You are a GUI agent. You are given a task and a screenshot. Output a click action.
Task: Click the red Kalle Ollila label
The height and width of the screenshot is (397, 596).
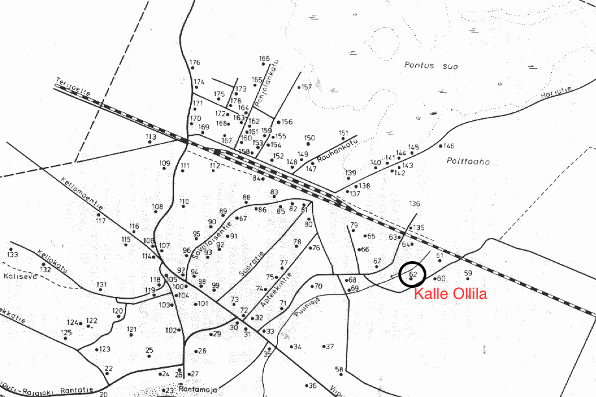point(451,294)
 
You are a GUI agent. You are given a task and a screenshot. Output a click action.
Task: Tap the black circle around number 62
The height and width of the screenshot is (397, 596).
point(412,274)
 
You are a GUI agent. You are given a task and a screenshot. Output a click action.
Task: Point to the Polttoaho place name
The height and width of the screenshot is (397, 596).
point(468,162)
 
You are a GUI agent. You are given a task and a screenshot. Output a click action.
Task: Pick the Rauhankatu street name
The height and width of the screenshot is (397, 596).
point(331,157)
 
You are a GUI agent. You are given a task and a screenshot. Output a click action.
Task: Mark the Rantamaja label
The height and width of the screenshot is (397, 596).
point(199,389)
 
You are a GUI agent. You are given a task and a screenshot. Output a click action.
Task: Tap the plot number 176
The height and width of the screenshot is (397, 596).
point(195,63)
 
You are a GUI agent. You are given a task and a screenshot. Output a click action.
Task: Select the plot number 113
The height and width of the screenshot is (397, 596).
point(151,137)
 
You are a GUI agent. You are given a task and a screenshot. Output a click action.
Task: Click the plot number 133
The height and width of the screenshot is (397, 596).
point(12,254)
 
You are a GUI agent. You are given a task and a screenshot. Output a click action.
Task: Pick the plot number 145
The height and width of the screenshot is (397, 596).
point(449,146)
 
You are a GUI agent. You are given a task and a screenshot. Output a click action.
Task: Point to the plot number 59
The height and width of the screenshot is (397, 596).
point(468,274)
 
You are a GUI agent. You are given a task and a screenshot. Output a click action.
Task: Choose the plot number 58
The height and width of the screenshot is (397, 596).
point(339,370)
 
